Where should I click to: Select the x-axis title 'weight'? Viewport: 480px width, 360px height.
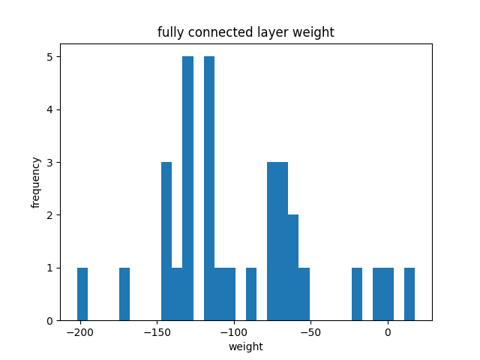point(246,346)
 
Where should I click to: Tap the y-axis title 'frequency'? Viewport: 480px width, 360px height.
point(35,182)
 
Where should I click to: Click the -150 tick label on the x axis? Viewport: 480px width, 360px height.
point(157,332)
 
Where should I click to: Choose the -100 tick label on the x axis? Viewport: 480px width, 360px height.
point(234,332)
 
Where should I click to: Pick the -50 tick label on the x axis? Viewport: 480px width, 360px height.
point(310,332)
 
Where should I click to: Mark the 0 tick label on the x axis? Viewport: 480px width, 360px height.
point(388,332)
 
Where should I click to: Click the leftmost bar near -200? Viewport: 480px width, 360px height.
point(82,294)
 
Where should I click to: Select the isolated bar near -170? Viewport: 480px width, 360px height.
point(124,294)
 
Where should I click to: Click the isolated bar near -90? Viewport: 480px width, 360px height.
point(251,294)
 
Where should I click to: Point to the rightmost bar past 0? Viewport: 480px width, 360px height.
point(409,294)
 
